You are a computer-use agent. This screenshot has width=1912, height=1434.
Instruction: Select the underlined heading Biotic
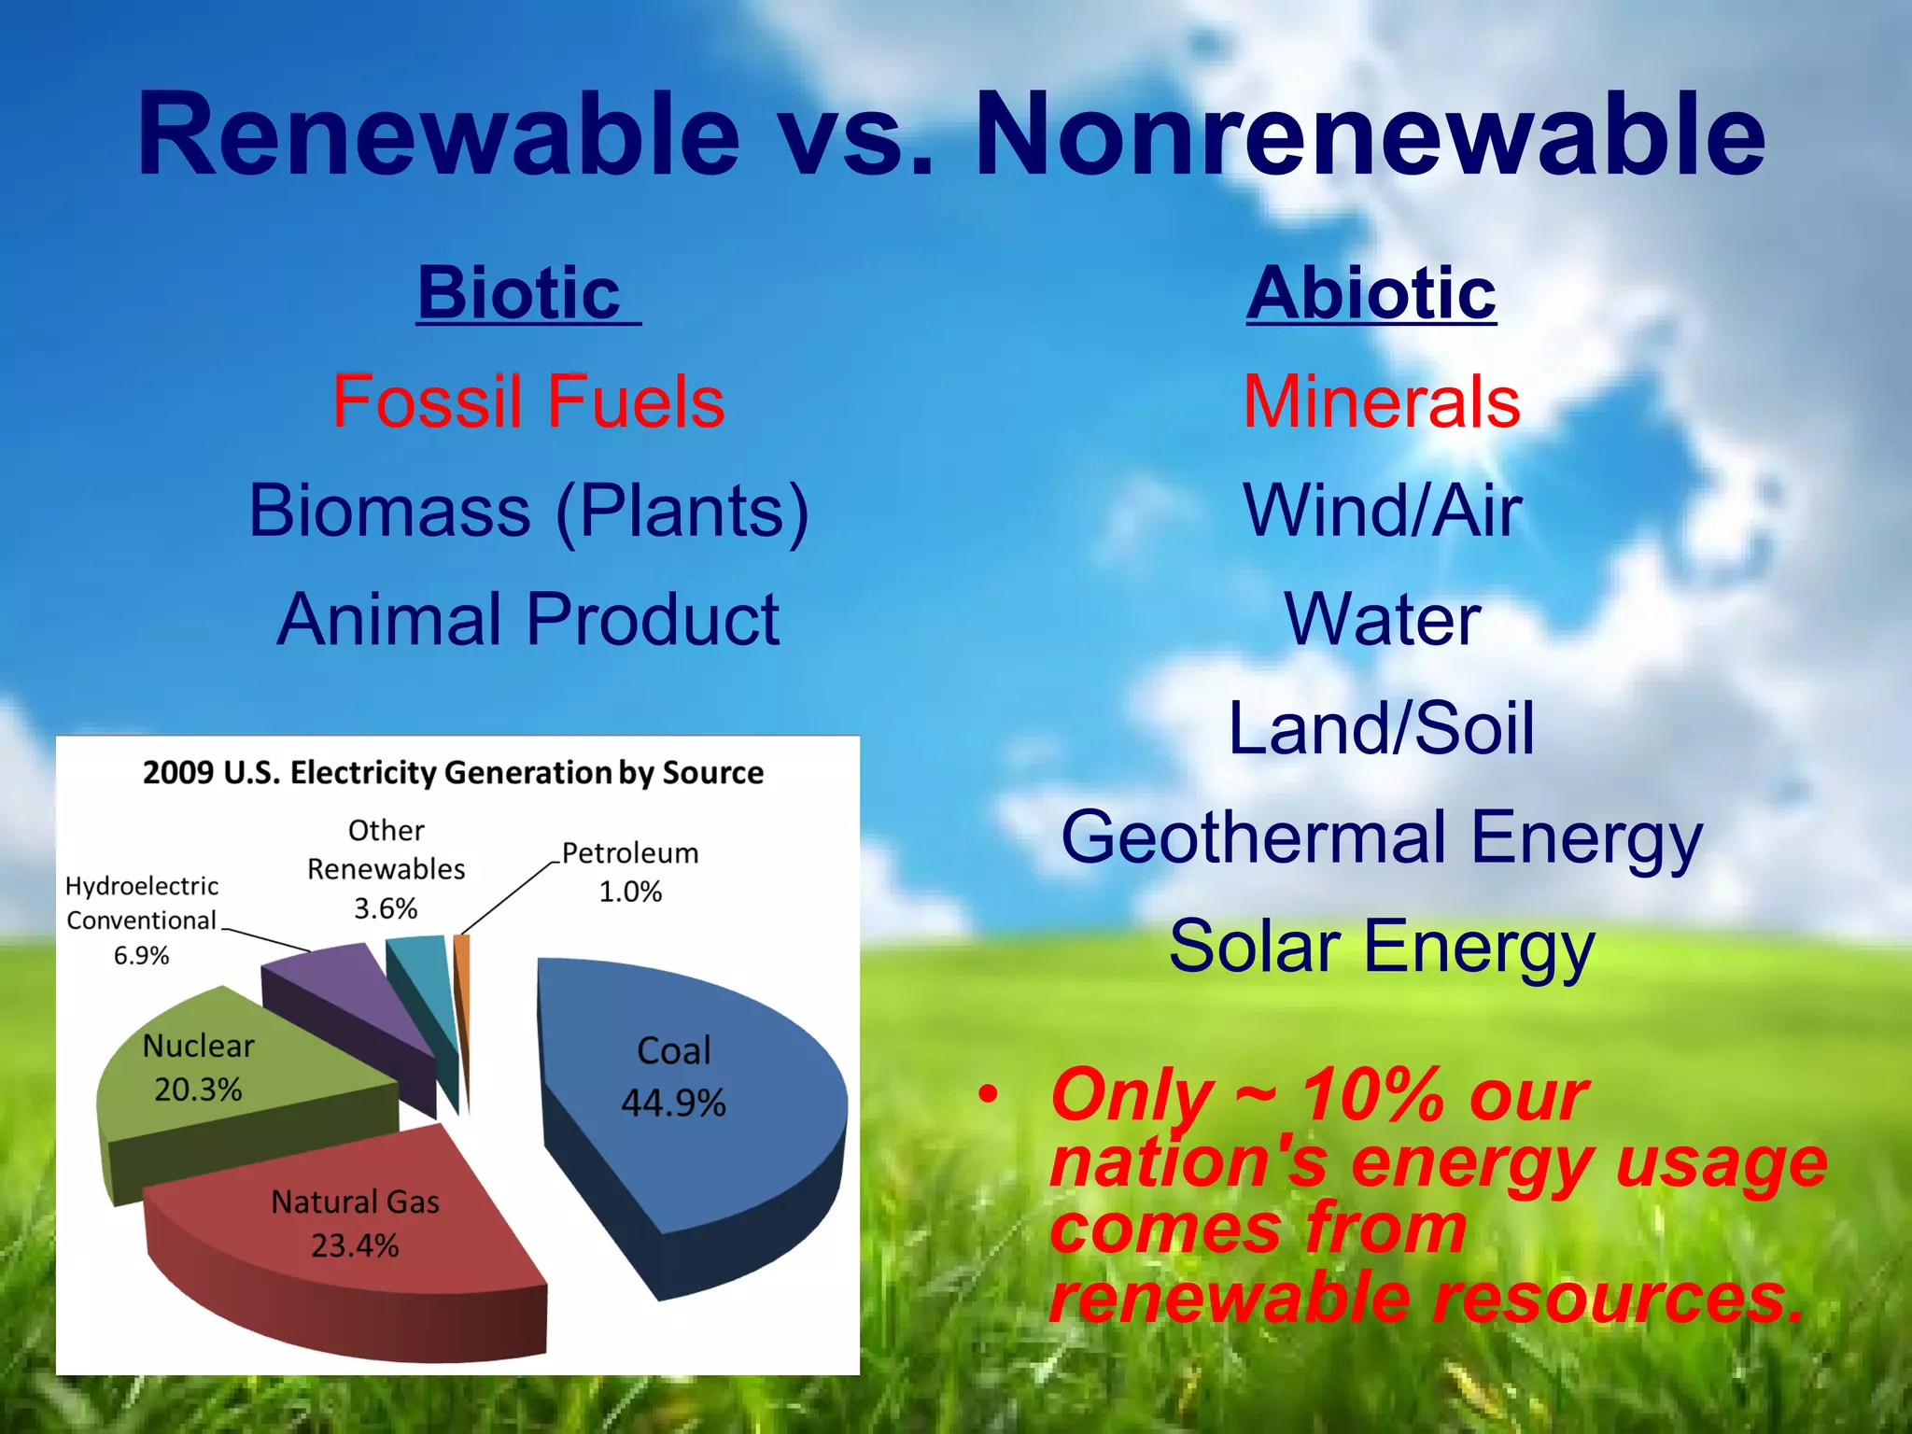pyautogui.click(x=520, y=293)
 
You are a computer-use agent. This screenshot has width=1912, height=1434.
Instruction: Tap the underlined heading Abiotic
pyautogui.click(x=1371, y=293)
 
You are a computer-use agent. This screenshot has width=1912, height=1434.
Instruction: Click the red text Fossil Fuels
pyautogui.click(x=528, y=401)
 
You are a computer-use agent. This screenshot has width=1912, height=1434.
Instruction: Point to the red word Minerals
pyautogui.click(x=1382, y=401)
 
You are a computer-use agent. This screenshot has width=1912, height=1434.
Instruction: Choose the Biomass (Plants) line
pyautogui.click(x=528, y=511)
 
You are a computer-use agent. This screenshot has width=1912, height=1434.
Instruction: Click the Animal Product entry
pyautogui.click(x=528, y=620)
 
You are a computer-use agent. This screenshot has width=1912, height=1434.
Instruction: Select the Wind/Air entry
pyautogui.click(x=1382, y=511)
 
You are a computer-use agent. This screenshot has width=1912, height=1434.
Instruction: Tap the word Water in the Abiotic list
pyautogui.click(x=1382, y=620)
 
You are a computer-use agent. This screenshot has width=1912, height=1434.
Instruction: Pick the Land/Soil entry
pyautogui.click(x=1382, y=728)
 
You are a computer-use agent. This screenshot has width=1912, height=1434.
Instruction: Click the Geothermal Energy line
pyautogui.click(x=1382, y=837)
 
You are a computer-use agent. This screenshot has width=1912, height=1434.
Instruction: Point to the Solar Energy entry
pyautogui.click(x=1382, y=947)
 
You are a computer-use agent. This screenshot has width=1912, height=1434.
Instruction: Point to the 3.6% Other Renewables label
pyautogui.click(x=386, y=907)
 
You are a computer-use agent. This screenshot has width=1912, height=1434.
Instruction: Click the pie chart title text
pyautogui.click(x=453, y=773)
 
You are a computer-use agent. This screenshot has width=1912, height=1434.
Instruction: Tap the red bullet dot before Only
pyautogui.click(x=988, y=1094)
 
